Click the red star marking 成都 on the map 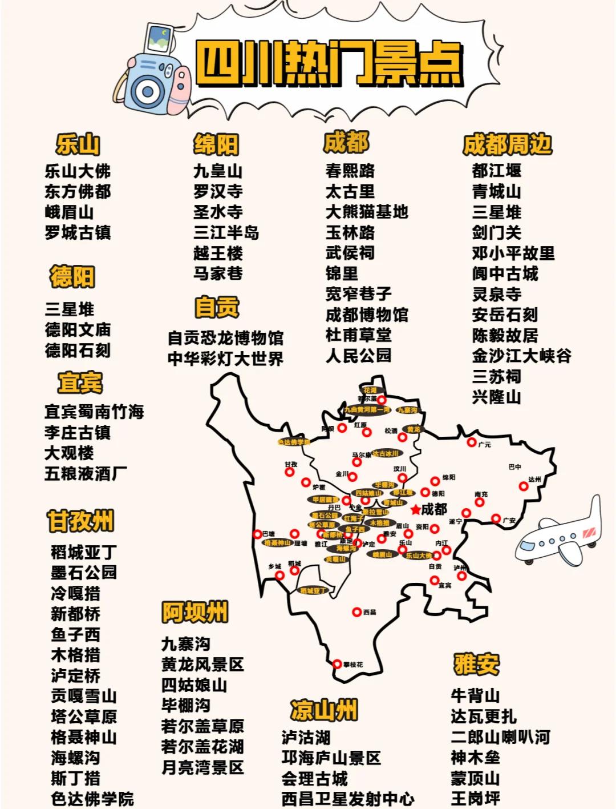click(x=415, y=509)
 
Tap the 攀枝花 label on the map click(x=352, y=665)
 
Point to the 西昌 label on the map click(x=370, y=612)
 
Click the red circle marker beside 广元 click(x=472, y=442)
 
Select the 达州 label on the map click(x=534, y=480)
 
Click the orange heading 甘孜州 click(x=80, y=521)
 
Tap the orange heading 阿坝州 click(x=194, y=612)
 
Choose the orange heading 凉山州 click(x=323, y=710)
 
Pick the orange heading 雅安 click(x=476, y=664)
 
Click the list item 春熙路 click(x=350, y=171)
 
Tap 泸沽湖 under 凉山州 click(x=306, y=737)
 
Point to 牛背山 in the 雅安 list click(x=475, y=695)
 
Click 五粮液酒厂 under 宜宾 click(x=86, y=473)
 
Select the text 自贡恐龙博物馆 click(x=225, y=338)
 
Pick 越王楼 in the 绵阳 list click(x=218, y=253)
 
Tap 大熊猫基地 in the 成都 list click(x=367, y=212)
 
